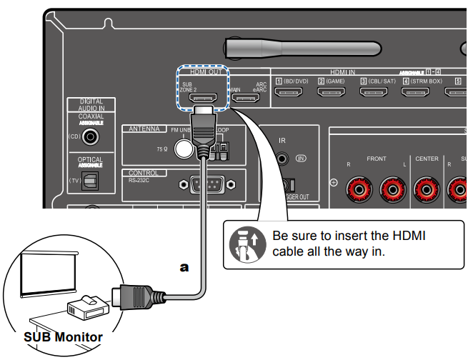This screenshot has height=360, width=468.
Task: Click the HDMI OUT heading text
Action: [204, 72]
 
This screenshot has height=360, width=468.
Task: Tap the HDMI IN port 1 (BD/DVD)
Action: [293, 95]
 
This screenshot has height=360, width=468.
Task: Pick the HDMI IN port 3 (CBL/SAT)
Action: [377, 95]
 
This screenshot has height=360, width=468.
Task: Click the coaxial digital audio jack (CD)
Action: [91, 135]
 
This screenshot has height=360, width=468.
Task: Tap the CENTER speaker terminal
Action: [427, 189]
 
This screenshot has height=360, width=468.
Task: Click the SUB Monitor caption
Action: [63, 336]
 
